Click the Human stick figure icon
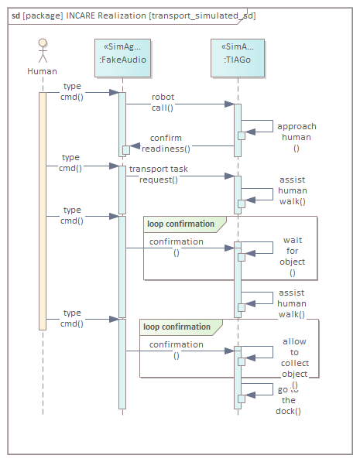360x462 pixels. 43,50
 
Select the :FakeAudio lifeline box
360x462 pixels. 122,58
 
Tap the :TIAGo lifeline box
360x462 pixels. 238,58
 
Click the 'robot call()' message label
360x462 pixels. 163,102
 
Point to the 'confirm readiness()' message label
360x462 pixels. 166,143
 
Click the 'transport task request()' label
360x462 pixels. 159,174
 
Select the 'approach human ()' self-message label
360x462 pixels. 297,137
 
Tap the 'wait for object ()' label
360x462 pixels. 293,256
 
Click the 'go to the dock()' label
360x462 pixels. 288,400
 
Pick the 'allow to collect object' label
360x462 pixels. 295,358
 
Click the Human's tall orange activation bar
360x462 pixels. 43,211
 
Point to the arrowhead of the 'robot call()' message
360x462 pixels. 229,104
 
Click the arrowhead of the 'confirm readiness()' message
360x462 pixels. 135,145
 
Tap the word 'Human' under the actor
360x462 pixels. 42,71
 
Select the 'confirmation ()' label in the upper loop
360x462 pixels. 177,247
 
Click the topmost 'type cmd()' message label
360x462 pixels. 72,91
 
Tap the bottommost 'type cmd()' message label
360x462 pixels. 72,318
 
